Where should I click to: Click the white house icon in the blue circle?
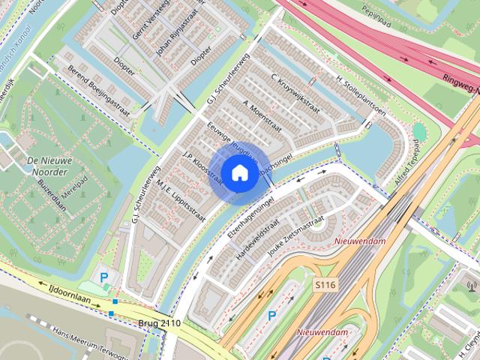point(239,172)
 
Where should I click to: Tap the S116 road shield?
point(325,285)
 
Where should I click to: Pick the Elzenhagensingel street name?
point(250,217)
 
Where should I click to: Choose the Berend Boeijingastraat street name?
point(98,92)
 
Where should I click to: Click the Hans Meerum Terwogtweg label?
point(90,340)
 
